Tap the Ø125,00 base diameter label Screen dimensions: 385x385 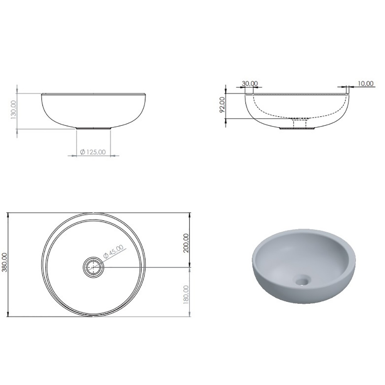[93, 152]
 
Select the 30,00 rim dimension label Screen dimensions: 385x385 [250, 84]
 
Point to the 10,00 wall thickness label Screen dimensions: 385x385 [365, 84]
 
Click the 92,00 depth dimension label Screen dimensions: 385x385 [222, 104]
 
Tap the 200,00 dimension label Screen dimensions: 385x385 [186, 243]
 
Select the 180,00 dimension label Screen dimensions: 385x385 [186, 295]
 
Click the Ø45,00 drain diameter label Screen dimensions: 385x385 [114, 251]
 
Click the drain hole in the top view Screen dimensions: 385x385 [93, 267]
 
